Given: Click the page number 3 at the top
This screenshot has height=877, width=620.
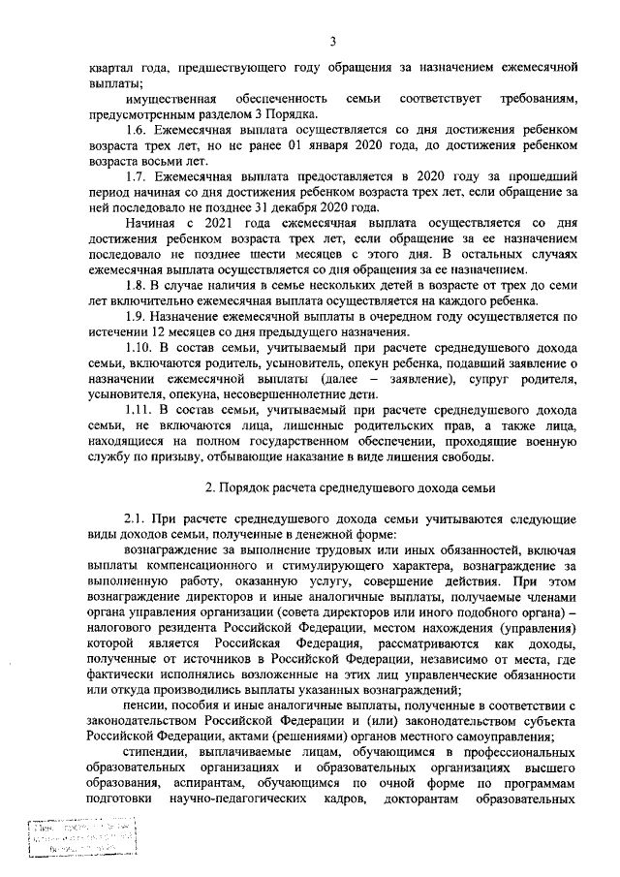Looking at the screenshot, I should coord(332,41).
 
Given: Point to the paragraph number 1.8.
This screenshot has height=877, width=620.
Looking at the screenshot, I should coord(139,284).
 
